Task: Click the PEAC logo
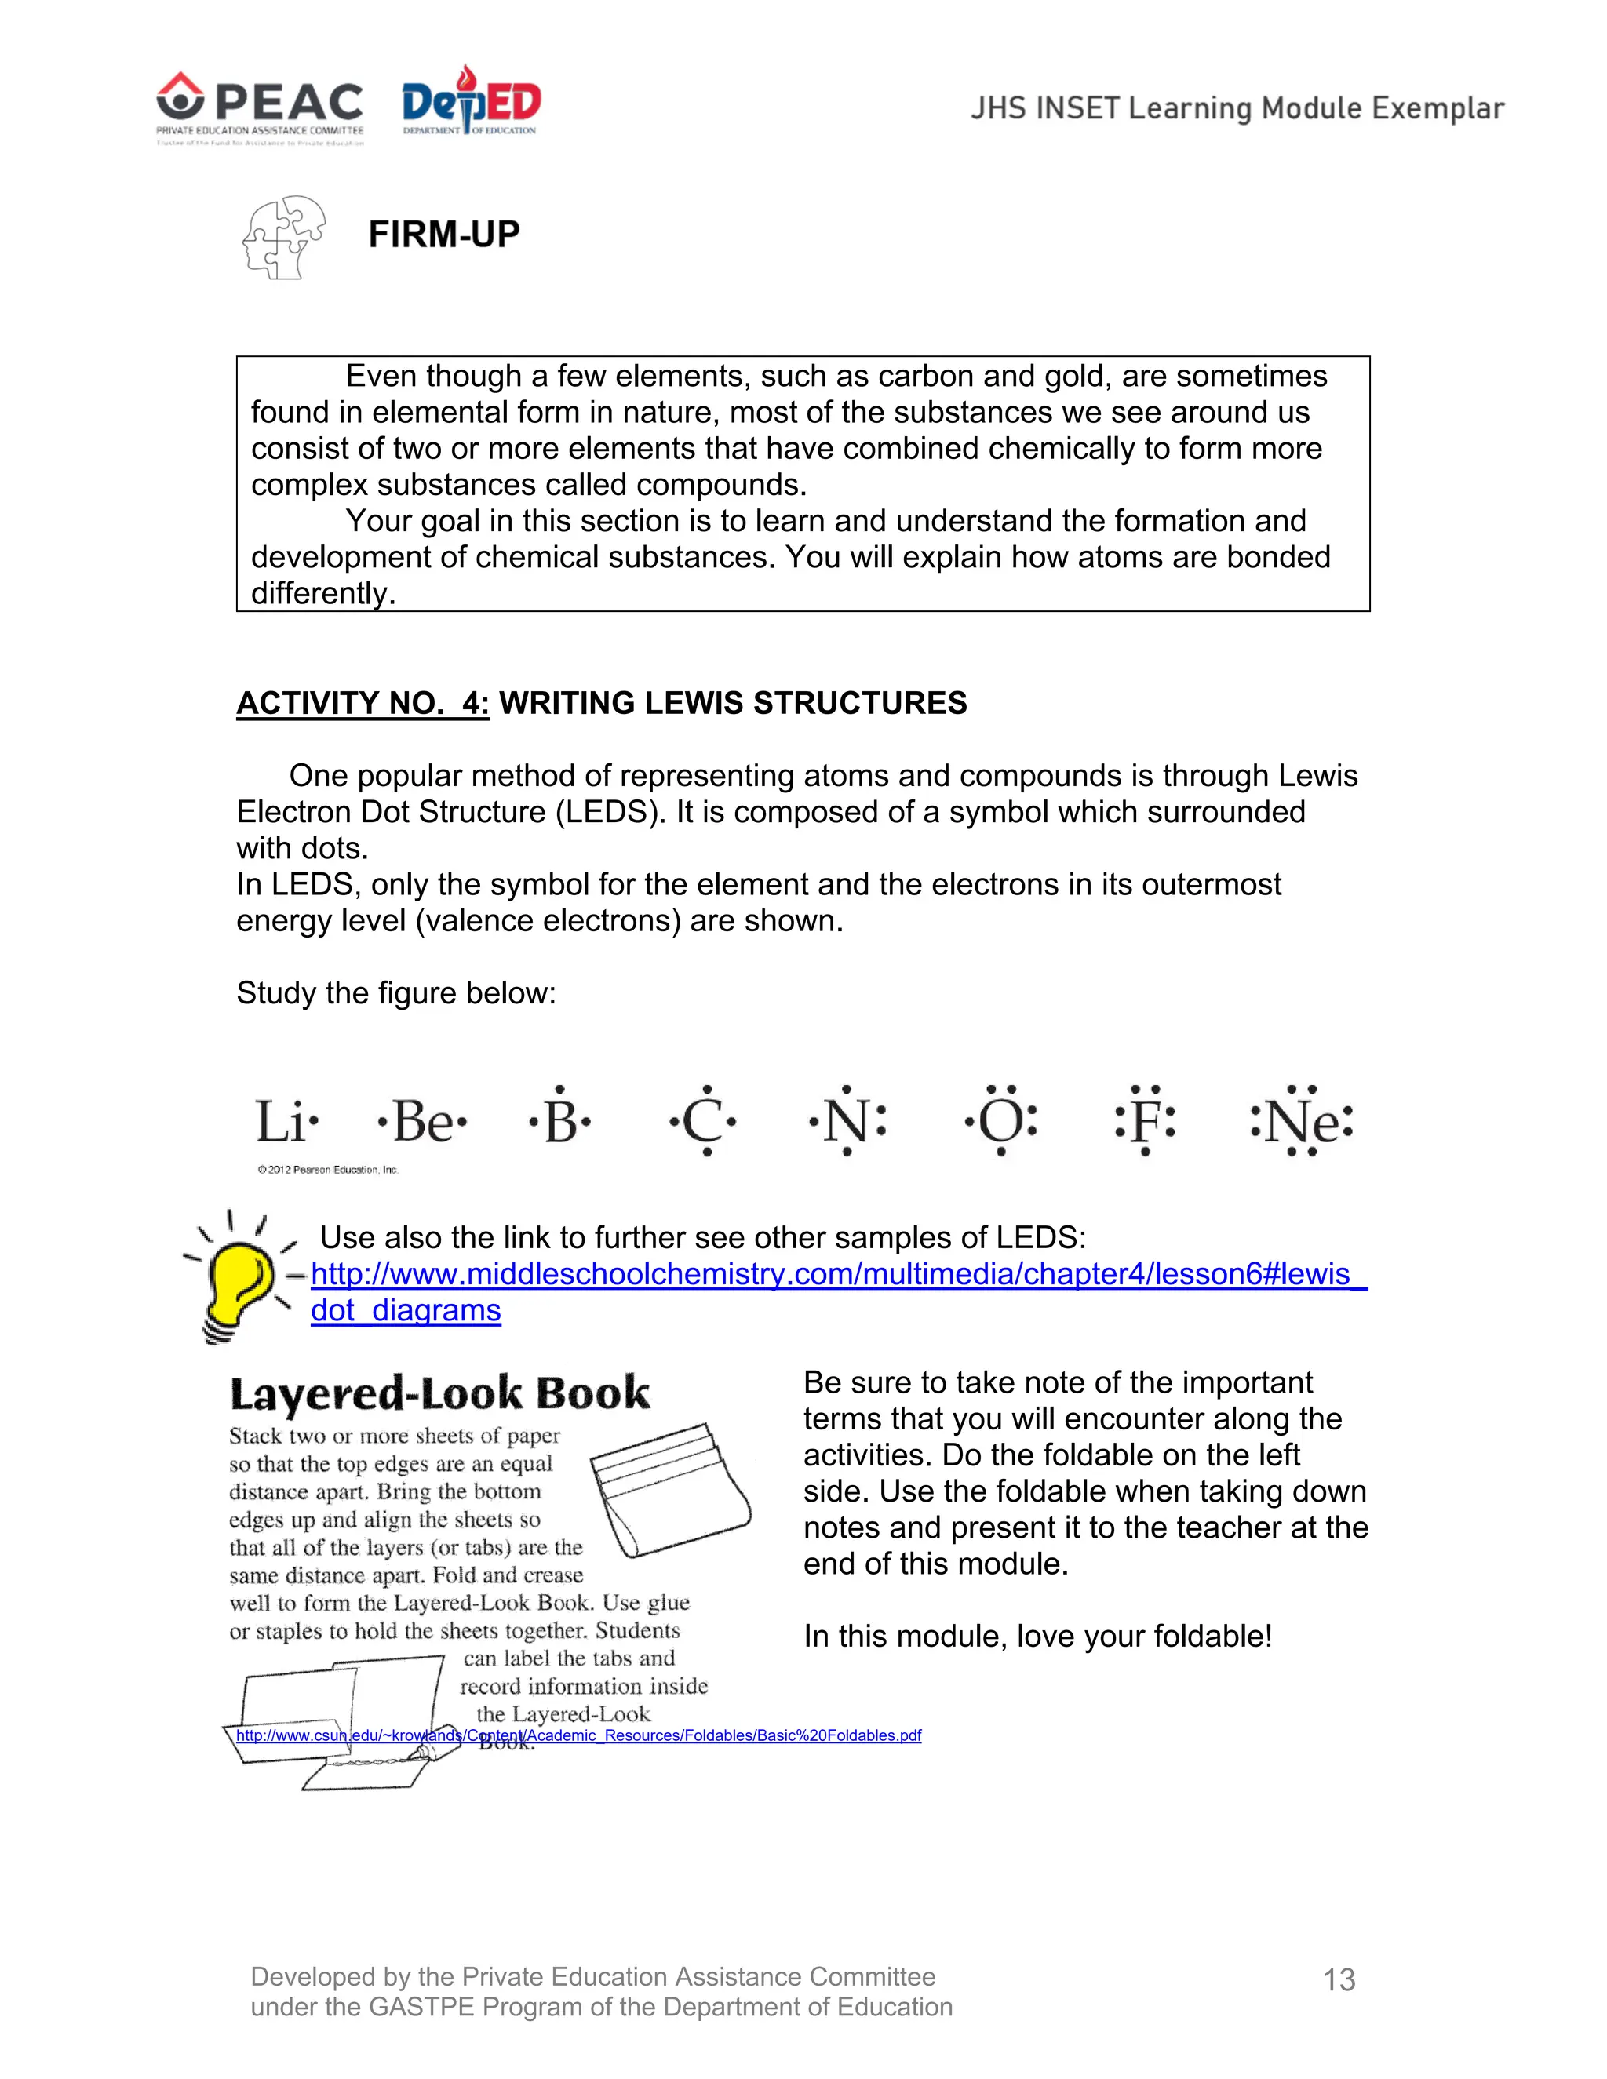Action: click(x=260, y=107)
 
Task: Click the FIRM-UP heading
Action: click(x=443, y=234)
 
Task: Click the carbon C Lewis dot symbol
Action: click(x=704, y=1120)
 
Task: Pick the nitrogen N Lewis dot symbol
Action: click(x=847, y=1120)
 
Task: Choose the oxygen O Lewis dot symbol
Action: click(x=1000, y=1120)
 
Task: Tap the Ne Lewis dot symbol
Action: click(x=1302, y=1120)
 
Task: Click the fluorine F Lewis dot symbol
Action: click(x=1146, y=1120)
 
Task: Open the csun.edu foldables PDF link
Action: click(x=578, y=1735)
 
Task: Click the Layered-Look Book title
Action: click(x=440, y=1393)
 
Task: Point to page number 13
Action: click(x=1339, y=1980)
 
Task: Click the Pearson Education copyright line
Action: click(x=327, y=1170)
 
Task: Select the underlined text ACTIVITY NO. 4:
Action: click(x=363, y=702)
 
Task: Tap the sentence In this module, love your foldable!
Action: click(x=1037, y=1637)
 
